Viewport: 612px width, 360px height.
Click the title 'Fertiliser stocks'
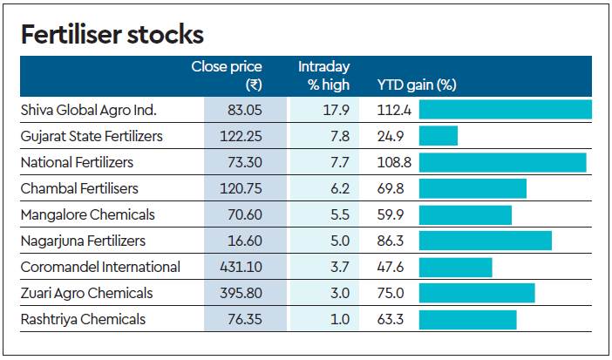[x=112, y=35]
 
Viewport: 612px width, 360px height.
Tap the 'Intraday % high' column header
[x=324, y=76]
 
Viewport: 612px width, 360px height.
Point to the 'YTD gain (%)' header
[x=417, y=85]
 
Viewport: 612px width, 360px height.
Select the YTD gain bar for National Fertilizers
[x=502, y=162]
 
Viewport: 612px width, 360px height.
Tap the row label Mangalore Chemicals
[x=88, y=214]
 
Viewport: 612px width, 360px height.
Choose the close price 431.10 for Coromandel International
[x=241, y=267]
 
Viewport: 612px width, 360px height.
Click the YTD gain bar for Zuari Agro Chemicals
[x=477, y=293]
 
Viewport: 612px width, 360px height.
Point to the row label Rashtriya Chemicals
[x=83, y=319]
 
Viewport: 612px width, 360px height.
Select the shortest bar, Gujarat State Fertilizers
[x=439, y=136]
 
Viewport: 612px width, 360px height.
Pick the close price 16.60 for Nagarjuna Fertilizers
[x=245, y=241]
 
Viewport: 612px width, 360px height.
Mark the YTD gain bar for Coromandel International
[x=455, y=267]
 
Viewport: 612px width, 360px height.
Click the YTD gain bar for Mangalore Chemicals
[x=466, y=214]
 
